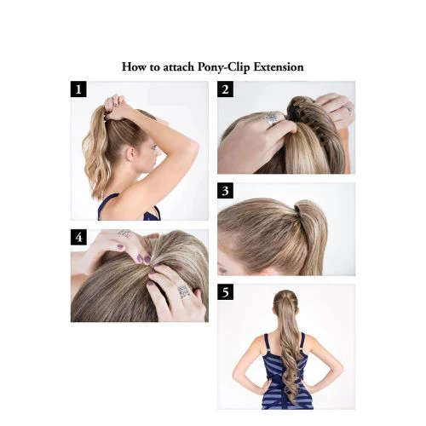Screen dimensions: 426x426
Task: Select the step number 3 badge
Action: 227,191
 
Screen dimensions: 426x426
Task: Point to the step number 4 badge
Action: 79,238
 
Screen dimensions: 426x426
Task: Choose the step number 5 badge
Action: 227,292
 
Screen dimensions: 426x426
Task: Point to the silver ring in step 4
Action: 181,291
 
